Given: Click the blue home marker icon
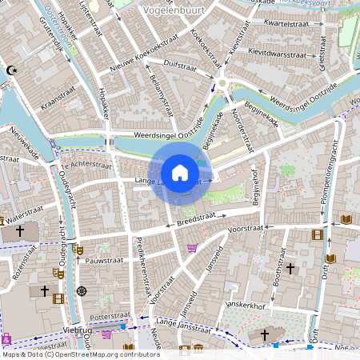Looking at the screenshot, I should [x=180, y=173].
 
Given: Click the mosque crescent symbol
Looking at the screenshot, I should [x=11, y=70].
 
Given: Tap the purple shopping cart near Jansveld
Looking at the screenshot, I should [x=192, y=248].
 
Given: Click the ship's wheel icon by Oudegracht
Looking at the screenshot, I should [x=82, y=290].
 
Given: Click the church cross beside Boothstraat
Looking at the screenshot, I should [x=290, y=267].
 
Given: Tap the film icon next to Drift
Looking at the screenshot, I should [x=318, y=234].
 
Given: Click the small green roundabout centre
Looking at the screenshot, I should [x=222, y=83].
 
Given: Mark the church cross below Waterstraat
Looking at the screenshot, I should [x=19, y=230].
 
